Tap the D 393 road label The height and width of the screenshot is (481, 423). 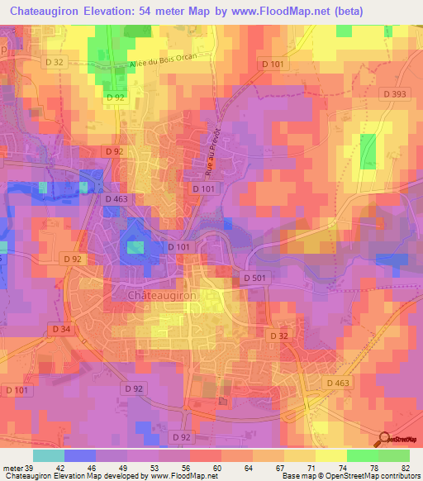pyautogui.click(x=394, y=95)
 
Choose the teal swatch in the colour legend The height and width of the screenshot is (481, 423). pyautogui.click(x=48, y=455)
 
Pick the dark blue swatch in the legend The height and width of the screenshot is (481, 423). pyautogui.click(x=79, y=455)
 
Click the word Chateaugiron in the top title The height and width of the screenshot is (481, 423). pyautogui.click(x=47, y=10)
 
